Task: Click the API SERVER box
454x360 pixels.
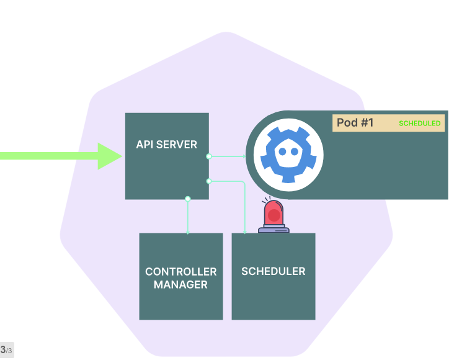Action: (166, 168)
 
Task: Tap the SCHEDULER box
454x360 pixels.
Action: (273, 292)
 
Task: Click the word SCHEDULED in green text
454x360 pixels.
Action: (419, 124)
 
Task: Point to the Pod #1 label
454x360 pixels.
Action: (355, 123)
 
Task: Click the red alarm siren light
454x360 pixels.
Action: (274, 214)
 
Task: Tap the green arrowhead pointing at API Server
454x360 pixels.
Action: (110, 155)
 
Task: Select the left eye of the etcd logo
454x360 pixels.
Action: (282, 151)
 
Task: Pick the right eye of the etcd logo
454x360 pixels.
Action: (295, 151)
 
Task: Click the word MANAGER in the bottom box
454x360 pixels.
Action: (180, 285)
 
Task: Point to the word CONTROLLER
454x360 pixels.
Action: (180, 272)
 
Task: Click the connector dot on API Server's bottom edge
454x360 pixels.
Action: (187, 199)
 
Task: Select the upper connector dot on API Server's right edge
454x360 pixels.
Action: (208, 156)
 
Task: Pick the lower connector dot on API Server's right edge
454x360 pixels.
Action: (208, 181)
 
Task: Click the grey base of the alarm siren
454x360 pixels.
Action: (274, 229)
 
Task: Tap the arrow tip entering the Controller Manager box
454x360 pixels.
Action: (187, 232)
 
